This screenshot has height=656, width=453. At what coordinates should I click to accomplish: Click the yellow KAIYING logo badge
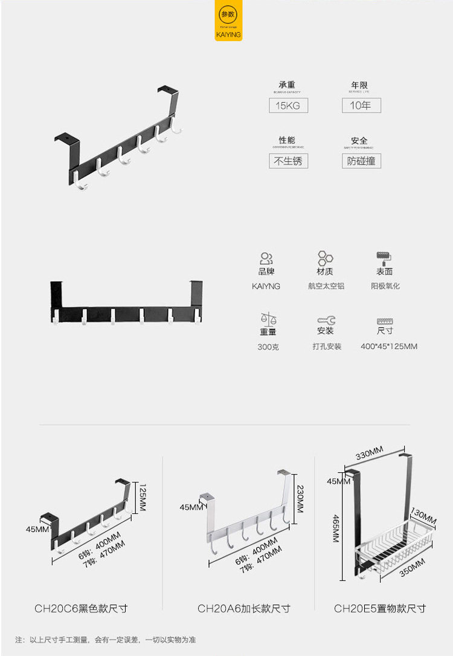point(228,22)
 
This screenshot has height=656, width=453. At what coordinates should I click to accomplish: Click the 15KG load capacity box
point(288,106)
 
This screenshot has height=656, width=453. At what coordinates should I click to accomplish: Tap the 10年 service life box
point(361,106)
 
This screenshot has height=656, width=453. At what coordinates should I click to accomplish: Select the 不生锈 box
point(288,161)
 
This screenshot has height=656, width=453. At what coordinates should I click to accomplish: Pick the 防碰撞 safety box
point(361,161)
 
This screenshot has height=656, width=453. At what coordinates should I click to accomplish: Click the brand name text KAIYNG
point(266,286)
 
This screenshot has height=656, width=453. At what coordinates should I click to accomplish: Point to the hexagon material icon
point(325,259)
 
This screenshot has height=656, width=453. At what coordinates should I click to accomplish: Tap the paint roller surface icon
point(384,259)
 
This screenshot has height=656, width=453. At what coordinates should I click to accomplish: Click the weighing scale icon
point(268,319)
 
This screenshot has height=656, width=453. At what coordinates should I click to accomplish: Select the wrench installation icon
point(326,320)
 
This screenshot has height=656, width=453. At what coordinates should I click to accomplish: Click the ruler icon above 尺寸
point(385,321)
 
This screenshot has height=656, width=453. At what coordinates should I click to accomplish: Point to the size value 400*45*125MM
point(389,346)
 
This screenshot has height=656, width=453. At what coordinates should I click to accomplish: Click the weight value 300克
point(268,347)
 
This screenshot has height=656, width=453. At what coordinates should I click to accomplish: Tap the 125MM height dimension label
point(143,498)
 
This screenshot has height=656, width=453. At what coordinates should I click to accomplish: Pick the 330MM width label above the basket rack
point(370,454)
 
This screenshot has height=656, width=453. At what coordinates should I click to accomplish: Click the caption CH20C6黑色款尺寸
point(81,608)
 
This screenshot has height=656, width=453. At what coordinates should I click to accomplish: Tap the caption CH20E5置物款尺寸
point(380,608)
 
